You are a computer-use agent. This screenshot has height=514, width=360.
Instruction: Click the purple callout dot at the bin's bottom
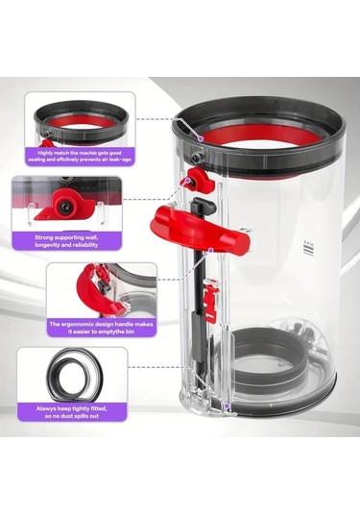pos(226,407)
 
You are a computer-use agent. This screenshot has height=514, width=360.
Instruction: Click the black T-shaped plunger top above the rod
pos(203,207)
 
